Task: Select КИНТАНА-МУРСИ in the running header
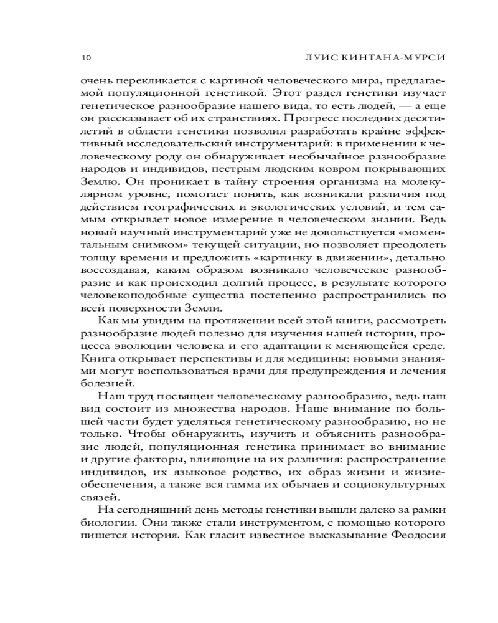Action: (x=399, y=58)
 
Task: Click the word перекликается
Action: (x=148, y=80)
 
